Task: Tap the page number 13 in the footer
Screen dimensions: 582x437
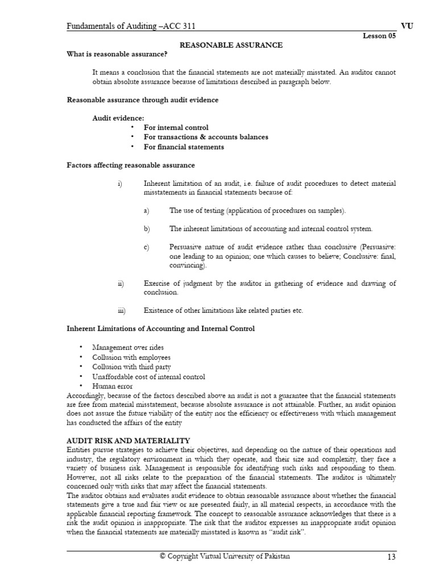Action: pos(390,557)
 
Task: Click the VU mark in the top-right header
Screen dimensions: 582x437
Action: pos(390,26)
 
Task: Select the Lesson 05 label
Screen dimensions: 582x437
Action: pos(378,36)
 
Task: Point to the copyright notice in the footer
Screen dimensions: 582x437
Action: pos(224,556)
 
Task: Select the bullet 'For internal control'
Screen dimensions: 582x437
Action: pos(176,128)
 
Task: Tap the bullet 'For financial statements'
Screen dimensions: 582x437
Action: pos(184,147)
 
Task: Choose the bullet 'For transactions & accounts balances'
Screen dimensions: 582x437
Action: pos(206,138)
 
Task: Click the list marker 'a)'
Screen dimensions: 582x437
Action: pos(146,211)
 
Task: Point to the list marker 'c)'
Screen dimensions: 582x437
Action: pos(146,247)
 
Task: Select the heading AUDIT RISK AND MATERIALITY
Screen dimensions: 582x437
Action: pos(129,440)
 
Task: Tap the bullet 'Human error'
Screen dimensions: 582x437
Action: pos(112,386)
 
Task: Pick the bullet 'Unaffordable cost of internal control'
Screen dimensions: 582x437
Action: pos(149,377)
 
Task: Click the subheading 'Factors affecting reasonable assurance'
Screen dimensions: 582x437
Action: pos(131,165)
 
